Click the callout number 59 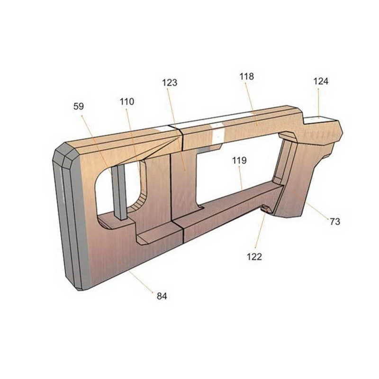(79, 106)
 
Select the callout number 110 (126, 101)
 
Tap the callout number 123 (169, 82)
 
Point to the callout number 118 (246, 76)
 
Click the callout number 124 (321, 81)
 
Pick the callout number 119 (239, 161)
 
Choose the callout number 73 (335, 221)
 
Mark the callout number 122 (254, 257)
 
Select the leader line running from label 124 (319, 102)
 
